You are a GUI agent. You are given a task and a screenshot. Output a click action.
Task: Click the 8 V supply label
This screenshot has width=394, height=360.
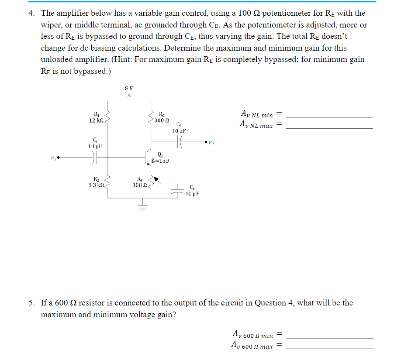pyautogui.click(x=128, y=89)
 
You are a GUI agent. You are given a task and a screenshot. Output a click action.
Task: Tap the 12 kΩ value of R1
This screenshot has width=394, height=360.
pyautogui.click(x=95, y=120)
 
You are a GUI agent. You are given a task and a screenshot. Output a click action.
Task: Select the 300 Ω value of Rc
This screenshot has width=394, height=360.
pyautogui.click(x=161, y=120)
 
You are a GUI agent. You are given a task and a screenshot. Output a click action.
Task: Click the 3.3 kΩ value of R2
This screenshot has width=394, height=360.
pyautogui.click(x=95, y=185)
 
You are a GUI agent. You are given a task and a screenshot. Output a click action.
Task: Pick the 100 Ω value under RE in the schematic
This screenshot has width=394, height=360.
pyautogui.click(x=139, y=185)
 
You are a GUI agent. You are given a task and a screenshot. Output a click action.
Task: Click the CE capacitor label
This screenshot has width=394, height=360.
pyautogui.click(x=192, y=188)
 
